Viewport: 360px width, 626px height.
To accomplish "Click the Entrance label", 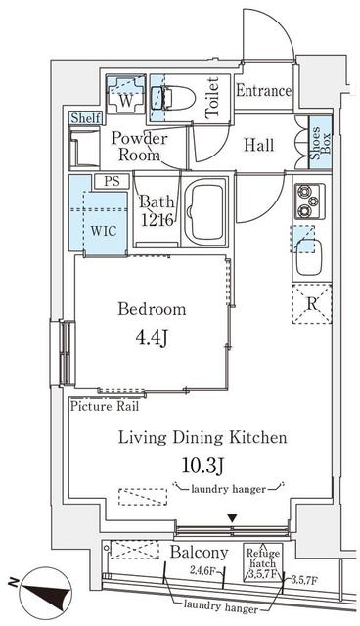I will click(264, 91).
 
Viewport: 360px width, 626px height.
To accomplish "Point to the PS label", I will click(110, 181).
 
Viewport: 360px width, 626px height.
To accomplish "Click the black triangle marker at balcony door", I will click(232, 518).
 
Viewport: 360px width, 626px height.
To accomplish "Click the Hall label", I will click(258, 145).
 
